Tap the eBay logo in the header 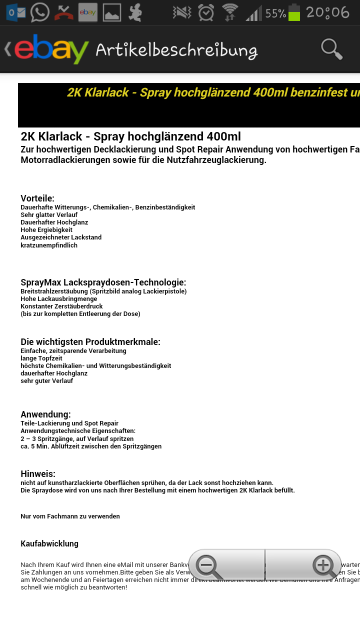tap(51, 49)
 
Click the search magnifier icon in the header tap(331, 49)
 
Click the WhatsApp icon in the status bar tap(39, 12)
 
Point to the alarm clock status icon tap(206, 12)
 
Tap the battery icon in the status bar tap(294, 12)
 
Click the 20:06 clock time tap(327, 12)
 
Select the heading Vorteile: tap(37, 198)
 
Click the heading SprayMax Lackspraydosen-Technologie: tap(103, 282)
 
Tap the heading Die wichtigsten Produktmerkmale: tap(90, 342)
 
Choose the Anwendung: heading tap(45, 414)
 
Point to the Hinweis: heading tap(38, 474)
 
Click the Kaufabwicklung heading tap(49, 543)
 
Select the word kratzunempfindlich tap(49, 245)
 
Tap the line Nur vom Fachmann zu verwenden tap(70, 516)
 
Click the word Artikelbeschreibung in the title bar tap(176, 50)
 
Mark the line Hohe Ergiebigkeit tap(46, 230)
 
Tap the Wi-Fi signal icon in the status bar tap(230, 12)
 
